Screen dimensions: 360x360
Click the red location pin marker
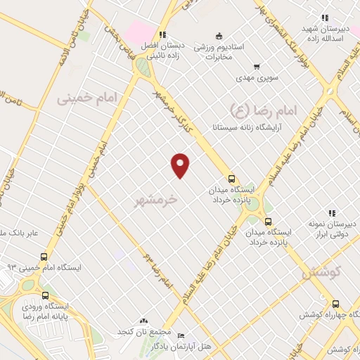181,165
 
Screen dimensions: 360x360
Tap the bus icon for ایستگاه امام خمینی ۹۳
45,257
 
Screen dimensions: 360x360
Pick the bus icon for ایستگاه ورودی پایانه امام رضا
46,295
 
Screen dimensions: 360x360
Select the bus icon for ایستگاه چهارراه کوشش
335,304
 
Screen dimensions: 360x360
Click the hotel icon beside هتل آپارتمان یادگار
181,336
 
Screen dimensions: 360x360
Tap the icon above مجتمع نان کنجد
145,320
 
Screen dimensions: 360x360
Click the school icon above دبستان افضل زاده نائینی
162,34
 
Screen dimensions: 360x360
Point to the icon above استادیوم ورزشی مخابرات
219,36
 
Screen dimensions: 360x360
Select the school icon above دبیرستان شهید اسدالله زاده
324,18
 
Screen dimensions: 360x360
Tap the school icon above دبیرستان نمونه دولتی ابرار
331,213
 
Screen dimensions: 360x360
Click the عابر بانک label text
24,233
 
